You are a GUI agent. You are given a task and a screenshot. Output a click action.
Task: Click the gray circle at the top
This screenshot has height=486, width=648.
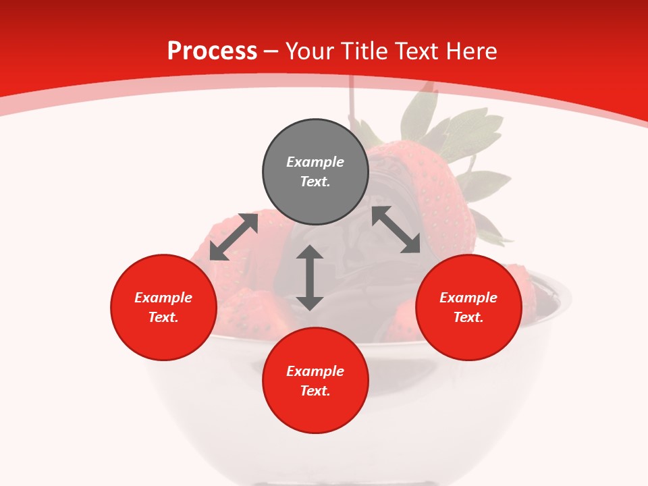(x=315, y=172)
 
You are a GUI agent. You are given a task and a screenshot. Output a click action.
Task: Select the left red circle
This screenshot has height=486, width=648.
(x=163, y=307)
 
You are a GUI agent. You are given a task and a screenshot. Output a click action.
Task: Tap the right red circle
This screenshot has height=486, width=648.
(x=468, y=307)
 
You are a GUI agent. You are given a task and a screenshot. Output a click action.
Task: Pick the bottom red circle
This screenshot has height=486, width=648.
(x=315, y=381)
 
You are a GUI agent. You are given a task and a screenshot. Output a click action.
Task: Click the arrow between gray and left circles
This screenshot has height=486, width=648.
(x=234, y=236)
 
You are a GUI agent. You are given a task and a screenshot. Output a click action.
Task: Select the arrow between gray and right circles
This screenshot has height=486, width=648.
(x=396, y=230)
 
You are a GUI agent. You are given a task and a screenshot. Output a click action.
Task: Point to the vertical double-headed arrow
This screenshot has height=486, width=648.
(x=310, y=278)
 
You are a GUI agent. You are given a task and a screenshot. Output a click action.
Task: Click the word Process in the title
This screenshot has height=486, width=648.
(x=212, y=51)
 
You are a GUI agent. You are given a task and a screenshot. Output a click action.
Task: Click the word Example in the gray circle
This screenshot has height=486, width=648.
(x=315, y=162)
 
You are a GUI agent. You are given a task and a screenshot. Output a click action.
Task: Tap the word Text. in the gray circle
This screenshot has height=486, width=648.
(x=315, y=182)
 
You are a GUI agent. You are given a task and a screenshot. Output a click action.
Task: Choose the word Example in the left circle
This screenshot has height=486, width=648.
(x=163, y=298)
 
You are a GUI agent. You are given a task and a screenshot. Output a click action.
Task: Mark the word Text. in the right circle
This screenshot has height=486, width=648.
(x=468, y=317)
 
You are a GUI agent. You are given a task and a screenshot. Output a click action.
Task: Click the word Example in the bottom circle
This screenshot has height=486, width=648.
(x=315, y=371)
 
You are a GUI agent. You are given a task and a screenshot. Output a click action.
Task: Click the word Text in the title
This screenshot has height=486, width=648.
(x=416, y=51)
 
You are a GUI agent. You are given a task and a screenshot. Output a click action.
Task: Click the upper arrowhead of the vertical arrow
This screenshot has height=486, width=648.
(x=310, y=254)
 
